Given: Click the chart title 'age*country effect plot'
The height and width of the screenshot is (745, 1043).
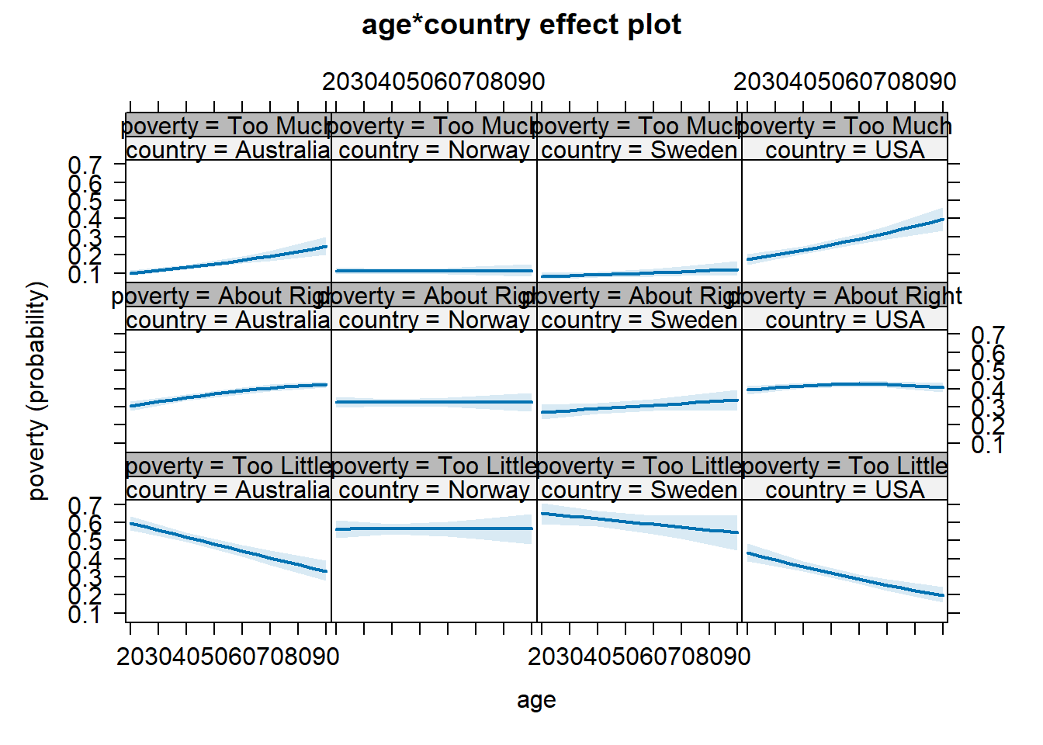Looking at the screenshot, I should pos(521,25).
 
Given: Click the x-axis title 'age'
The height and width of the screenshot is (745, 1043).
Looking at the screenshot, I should pos(536,700).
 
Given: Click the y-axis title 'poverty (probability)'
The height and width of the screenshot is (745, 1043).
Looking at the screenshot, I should pos(36,390).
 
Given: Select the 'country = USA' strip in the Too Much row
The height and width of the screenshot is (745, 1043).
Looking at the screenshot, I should pos(844,150).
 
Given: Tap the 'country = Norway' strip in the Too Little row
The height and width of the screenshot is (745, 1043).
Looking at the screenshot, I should pos(434,490).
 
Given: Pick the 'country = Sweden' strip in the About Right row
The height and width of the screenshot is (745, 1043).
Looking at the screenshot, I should pos(639,320).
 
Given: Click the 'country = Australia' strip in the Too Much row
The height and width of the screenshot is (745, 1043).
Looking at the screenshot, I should pos(228,150).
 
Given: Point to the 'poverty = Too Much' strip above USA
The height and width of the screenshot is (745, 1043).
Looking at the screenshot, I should pos(844,126).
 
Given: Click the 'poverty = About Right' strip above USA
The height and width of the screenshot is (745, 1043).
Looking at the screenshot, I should pos(844,296).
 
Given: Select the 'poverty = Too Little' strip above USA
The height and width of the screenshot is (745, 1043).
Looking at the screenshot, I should pos(844,466).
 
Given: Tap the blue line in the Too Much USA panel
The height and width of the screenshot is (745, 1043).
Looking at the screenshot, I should pos(844,241).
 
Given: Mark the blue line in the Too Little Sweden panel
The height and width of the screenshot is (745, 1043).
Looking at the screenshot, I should pos(639,523).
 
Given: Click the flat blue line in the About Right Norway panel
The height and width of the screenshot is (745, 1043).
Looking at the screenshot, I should pos(434,402).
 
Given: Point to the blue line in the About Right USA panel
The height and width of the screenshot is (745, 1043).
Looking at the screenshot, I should pos(844,384).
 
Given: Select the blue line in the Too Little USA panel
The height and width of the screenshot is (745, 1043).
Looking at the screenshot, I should pos(844,577).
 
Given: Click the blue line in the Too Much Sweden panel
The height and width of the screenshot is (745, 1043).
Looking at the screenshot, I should pos(639,273).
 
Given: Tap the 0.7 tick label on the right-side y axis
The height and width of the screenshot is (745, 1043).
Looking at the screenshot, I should pos(988,336).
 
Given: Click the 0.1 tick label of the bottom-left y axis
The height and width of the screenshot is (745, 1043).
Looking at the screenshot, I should pos(85,615).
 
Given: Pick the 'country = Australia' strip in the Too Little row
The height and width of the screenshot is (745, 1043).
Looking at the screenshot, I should pos(228,490).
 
